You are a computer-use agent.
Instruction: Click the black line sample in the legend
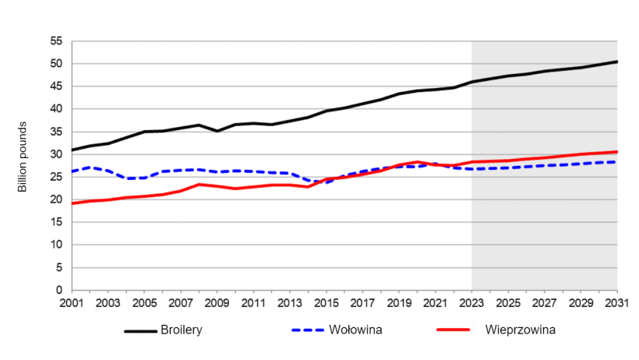tap(142, 330)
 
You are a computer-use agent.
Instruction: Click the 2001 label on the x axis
tap(72, 302)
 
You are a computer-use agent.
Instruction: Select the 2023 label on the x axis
tap(471, 302)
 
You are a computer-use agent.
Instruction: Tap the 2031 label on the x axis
tap(616, 302)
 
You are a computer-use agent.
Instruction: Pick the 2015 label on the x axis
tap(326, 302)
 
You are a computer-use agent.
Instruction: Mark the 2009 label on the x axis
tap(217, 302)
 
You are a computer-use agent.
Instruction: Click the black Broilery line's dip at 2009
tap(217, 131)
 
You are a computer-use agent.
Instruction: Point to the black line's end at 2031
tap(616, 62)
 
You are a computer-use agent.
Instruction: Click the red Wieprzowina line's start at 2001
tap(72, 203)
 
